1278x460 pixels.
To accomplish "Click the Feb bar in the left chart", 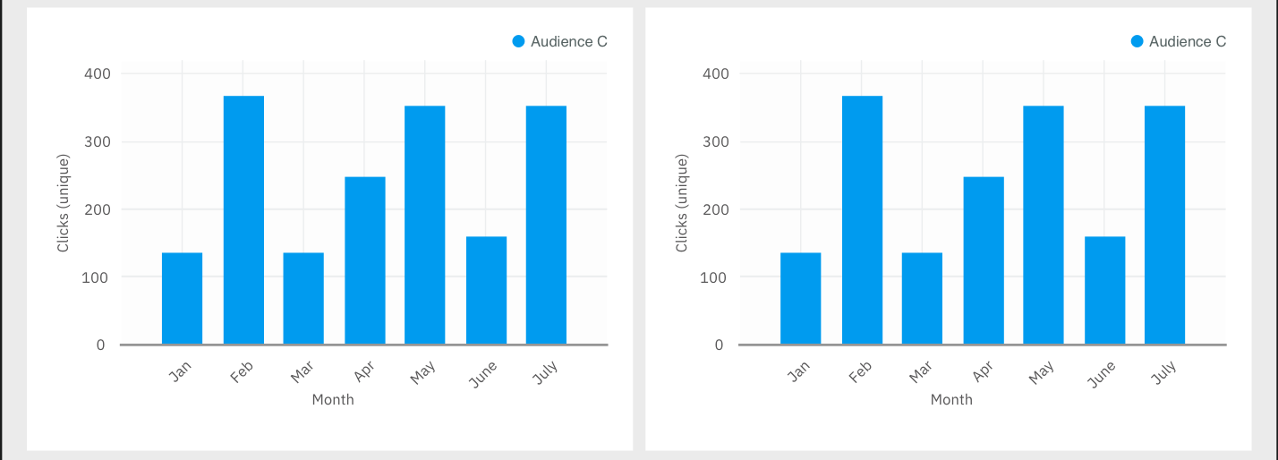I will (243, 220).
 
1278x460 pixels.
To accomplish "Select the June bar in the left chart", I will (486, 290).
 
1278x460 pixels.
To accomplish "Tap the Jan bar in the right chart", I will (800, 298).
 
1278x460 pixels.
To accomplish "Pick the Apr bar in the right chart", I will (984, 260).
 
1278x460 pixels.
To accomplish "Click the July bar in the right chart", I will (1164, 225).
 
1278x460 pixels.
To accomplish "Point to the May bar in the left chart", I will (424, 225).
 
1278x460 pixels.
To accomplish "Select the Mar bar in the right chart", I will (922, 298).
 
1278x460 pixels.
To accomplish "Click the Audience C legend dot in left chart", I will (518, 41).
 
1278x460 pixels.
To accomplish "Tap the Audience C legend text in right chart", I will (1187, 41).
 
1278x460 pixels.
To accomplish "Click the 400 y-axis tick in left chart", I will (98, 73).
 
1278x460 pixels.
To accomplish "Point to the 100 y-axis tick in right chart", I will (716, 277).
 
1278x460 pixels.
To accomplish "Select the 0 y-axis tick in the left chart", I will (100, 345).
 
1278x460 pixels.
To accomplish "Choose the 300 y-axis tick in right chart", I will (716, 141).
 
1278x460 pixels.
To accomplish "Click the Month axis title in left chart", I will (333, 399).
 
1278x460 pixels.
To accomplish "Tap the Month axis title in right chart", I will (951, 399).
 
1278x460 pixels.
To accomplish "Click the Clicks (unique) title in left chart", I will (64, 203).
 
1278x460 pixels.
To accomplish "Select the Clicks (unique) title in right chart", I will (682, 203).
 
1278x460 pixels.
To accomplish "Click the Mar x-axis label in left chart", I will (302, 371).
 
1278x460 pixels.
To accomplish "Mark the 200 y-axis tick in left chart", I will (98, 209).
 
